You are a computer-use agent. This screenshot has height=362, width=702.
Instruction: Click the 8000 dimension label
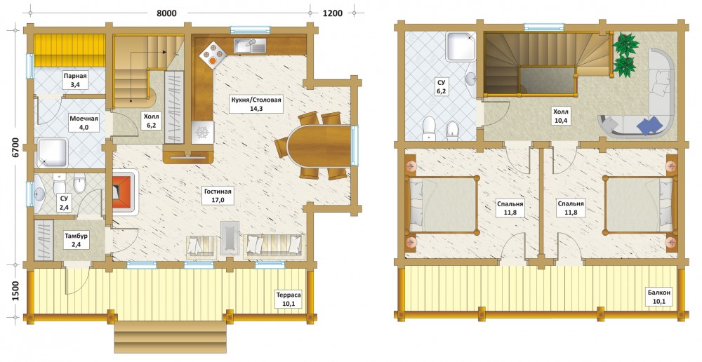click(x=166, y=13)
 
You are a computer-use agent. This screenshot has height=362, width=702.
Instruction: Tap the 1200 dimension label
click(x=333, y=13)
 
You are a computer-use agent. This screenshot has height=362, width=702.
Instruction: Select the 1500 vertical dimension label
click(x=15, y=291)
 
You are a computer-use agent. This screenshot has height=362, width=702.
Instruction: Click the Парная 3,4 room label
click(x=75, y=80)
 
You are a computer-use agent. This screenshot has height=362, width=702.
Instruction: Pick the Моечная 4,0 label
click(x=84, y=123)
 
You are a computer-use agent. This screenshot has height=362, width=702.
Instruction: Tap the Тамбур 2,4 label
click(x=76, y=241)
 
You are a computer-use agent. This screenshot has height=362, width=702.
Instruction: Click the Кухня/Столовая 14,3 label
click(x=256, y=104)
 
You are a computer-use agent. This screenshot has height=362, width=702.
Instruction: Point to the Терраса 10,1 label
click(x=289, y=299)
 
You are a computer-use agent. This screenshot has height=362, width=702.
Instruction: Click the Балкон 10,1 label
click(x=659, y=297)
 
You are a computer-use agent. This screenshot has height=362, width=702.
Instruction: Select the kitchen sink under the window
click(x=249, y=46)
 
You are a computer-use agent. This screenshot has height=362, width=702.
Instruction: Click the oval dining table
click(x=319, y=146)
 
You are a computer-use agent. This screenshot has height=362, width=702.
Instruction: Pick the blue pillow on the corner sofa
click(x=651, y=126)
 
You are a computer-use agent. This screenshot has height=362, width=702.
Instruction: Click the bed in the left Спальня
click(x=442, y=204)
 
